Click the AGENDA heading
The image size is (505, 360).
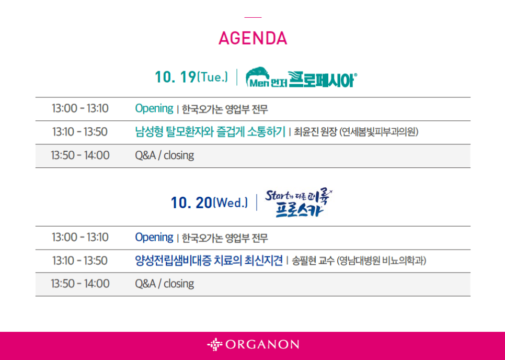[x=253, y=38]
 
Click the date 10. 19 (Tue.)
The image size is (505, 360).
[x=191, y=77]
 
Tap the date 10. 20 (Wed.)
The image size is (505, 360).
[x=209, y=203]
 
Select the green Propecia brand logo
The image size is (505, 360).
[x=302, y=77]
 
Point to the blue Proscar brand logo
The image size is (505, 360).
[x=299, y=204]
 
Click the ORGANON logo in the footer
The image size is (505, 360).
[x=253, y=344]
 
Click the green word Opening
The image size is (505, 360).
[x=154, y=108]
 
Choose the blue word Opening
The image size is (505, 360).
[x=154, y=237]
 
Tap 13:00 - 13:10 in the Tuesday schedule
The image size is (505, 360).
[x=80, y=108]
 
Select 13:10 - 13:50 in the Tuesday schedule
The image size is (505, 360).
[x=80, y=132]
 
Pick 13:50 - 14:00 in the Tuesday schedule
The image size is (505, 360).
[x=80, y=155]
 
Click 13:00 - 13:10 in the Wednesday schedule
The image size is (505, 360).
[x=80, y=237]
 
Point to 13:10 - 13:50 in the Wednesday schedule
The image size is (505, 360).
[x=80, y=261]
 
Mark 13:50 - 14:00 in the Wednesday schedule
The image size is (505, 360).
[x=80, y=284]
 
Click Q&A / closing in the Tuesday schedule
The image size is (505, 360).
[x=165, y=155]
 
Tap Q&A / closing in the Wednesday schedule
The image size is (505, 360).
[x=165, y=284]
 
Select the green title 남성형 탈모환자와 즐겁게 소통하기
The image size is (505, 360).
[x=210, y=132]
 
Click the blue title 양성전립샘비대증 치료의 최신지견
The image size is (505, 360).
[x=209, y=261]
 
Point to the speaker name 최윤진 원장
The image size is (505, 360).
[x=315, y=132]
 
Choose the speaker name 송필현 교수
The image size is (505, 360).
[x=313, y=261]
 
